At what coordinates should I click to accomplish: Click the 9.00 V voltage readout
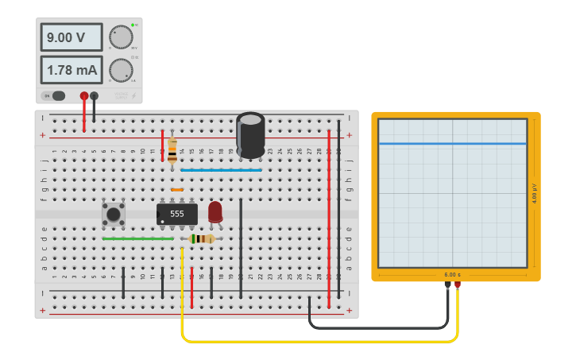coord(72,37)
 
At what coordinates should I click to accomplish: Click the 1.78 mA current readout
coord(72,70)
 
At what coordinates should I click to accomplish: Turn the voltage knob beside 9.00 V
coord(121,37)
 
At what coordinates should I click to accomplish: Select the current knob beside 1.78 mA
coord(121,70)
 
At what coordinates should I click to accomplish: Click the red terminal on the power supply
coord(84,96)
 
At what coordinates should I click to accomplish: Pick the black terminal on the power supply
coord(95,96)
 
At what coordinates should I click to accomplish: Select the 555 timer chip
coord(176,214)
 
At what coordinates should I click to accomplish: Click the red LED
coord(215,211)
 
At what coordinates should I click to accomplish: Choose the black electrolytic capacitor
coord(250,134)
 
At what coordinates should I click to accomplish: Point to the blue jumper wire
coord(221,170)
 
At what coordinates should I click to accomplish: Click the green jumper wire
coord(137,238)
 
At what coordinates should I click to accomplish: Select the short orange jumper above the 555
coord(177,190)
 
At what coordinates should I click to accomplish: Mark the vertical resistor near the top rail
coord(172,149)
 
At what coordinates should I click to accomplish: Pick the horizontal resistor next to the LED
coord(203,238)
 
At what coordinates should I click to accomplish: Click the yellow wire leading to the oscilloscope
coord(318,341)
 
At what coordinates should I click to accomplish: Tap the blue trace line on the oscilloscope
coord(452,144)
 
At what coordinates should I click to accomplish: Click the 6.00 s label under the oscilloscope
coord(452,274)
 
